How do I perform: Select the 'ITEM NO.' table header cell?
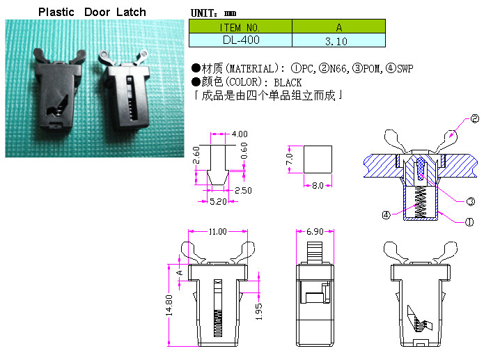tap(240, 27)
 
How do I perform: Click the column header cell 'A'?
tap(338, 27)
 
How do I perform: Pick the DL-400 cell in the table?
tap(240, 40)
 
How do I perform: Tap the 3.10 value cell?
tap(338, 41)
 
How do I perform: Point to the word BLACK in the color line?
tap(288, 82)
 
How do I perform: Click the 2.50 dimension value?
tap(244, 190)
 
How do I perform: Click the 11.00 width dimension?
tap(217, 232)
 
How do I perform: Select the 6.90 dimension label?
tap(316, 231)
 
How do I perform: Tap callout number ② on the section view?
tap(475, 119)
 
